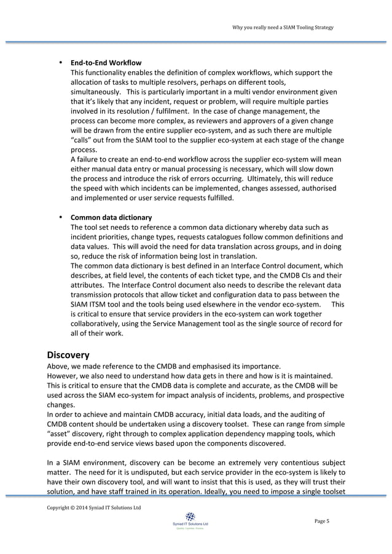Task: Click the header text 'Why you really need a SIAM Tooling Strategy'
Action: click(283, 27)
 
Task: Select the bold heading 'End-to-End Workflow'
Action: click(106, 63)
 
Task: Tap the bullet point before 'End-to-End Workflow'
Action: click(60, 63)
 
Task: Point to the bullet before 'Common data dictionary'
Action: click(60, 217)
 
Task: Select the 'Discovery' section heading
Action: click(68, 354)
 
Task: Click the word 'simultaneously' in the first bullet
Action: click(95, 92)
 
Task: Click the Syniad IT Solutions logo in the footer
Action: click(190, 518)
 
